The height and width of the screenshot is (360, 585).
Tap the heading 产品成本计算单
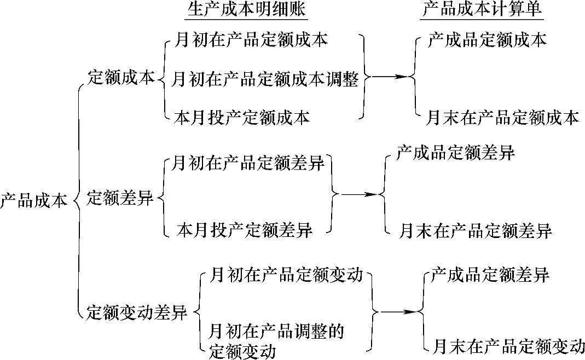tap(486, 11)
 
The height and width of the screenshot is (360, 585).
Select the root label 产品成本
tap(34, 200)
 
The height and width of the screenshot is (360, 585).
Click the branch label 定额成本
tap(121, 78)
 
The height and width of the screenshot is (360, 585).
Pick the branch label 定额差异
tap(121, 198)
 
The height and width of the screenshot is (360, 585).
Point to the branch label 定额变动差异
tap(137, 313)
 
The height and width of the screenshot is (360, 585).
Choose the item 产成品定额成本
tap(487, 40)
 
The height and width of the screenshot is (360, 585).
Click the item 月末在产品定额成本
tap(502, 118)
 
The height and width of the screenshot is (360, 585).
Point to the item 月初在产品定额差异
tap(248, 163)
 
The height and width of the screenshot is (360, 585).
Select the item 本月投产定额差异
tap(245, 230)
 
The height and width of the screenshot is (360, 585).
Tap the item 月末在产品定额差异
tap(474, 230)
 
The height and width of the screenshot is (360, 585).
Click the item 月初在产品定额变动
tap(286, 275)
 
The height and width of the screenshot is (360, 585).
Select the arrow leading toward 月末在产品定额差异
tap(359, 194)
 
